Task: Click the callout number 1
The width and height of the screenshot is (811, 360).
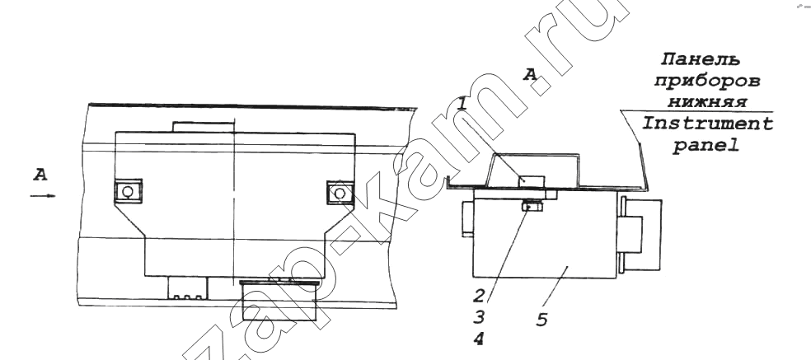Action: point(463,104)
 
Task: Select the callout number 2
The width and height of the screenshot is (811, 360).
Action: point(480,296)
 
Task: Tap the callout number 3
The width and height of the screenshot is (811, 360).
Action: point(480,317)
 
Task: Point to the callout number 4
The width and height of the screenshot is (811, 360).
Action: point(479,339)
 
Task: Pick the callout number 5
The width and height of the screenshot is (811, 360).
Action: point(541,320)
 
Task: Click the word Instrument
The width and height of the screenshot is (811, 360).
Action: point(707,124)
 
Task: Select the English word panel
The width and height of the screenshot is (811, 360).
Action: point(706,147)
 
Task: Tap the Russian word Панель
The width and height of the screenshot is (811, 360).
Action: point(701,60)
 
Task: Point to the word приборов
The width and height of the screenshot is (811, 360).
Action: point(707,82)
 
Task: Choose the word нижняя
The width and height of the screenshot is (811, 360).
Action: point(707,102)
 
